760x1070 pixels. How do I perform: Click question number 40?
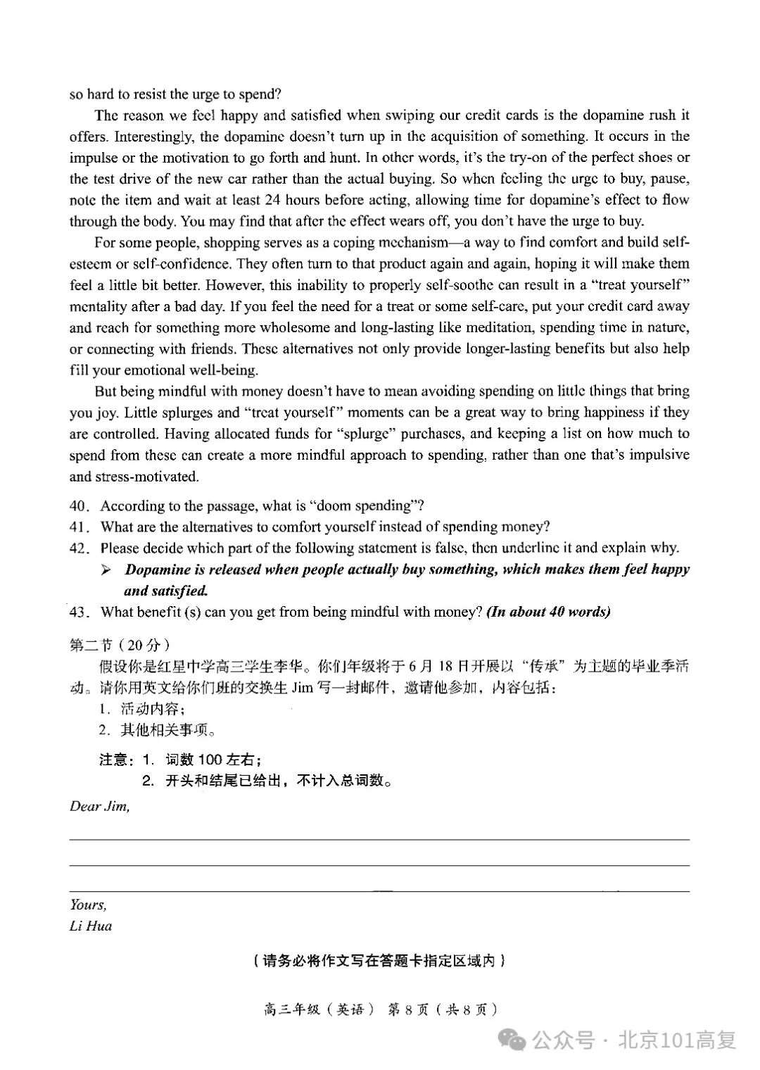[80, 506]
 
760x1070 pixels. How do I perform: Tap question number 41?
[80, 527]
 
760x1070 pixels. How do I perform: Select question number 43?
[80, 612]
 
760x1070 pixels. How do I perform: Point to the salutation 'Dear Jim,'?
[99, 807]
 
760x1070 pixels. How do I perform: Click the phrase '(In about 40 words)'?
[548, 612]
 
